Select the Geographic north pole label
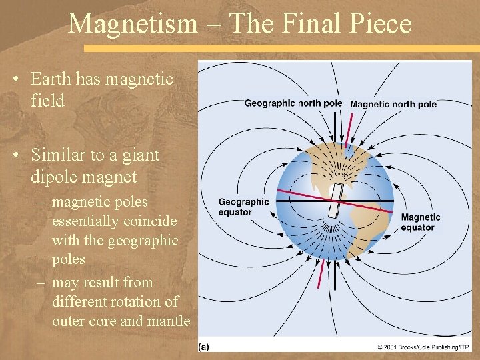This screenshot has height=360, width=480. (293, 103)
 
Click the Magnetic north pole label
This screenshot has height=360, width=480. (393, 104)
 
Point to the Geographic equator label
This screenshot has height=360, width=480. (243, 207)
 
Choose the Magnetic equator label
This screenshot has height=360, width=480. (421, 222)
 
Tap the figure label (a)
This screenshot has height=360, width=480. (204, 347)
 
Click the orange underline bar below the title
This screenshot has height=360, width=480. (280, 48)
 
